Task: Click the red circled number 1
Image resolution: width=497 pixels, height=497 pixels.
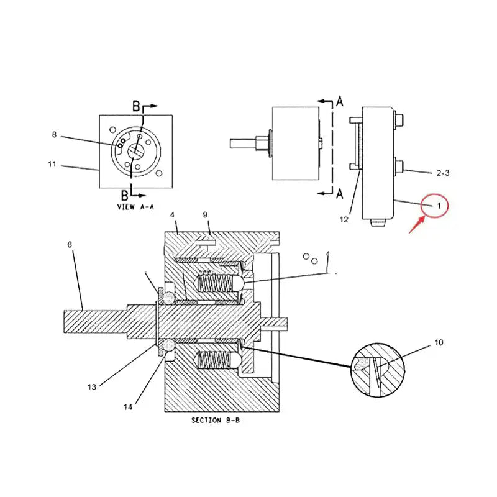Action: point(437,204)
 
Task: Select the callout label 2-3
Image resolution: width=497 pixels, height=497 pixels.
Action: point(442,173)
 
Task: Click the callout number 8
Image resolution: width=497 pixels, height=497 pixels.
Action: point(54,134)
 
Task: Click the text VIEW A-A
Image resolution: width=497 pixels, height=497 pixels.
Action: point(135,207)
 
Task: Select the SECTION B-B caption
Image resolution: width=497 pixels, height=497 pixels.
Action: point(216,421)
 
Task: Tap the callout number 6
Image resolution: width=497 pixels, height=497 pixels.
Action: point(70,245)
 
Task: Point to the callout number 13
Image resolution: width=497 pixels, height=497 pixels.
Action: point(92,386)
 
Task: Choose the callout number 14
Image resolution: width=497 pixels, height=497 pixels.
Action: point(128,408)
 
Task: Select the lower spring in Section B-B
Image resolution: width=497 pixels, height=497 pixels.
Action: point(214,360)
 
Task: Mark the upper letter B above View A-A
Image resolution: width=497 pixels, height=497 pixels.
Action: point(136,106)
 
